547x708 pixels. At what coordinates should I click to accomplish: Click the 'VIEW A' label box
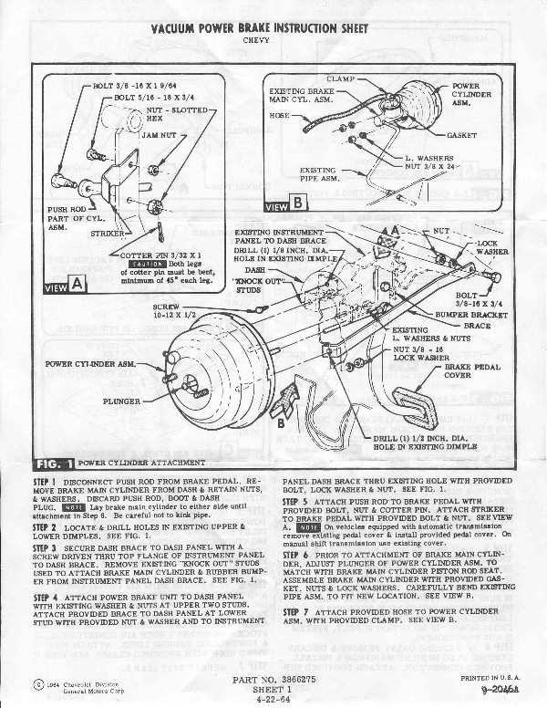65,285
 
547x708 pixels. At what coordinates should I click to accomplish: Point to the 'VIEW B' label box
285,205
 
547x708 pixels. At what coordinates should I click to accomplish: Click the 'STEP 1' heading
45,481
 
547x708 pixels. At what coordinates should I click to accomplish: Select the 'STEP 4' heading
45,595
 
